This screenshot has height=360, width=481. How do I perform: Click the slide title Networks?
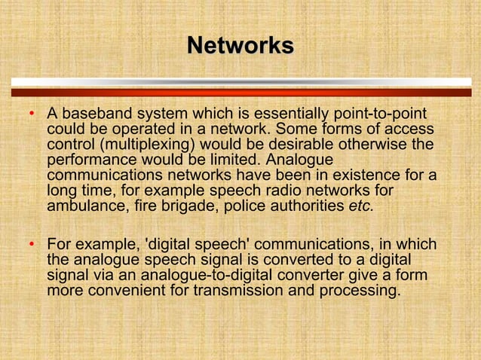tap(240, 45)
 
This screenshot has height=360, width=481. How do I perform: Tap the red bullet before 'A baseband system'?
tap(31, 115)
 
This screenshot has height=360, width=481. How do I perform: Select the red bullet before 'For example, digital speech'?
tap(31, 246)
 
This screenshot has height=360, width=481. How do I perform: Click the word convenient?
tap(136, 291)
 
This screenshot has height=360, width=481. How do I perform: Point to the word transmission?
tap(244, 291)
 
